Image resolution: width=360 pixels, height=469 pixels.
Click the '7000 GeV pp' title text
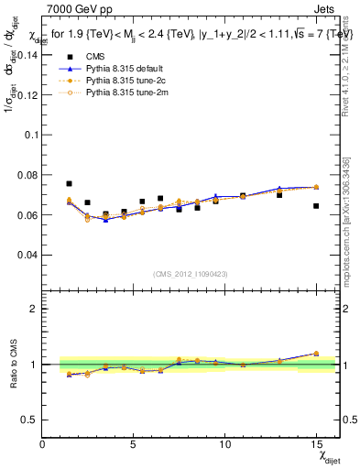coord(75,8)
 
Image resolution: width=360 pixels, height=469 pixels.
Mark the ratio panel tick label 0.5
coord(31,420)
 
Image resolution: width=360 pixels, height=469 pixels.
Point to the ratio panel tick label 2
coord(35,309)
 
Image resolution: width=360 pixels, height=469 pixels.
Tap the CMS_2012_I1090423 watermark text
coord(191,275)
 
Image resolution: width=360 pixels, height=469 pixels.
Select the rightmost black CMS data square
coord(316,206)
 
